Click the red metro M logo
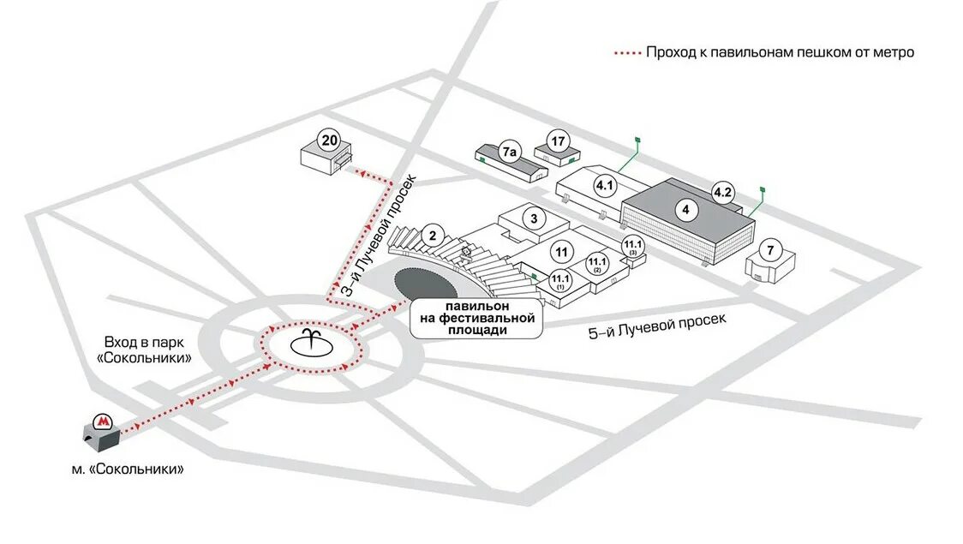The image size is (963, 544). (103, 421)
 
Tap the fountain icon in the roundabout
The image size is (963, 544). (310, 344)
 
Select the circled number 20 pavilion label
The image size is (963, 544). (328, 140)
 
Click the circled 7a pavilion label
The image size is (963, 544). (510, 153)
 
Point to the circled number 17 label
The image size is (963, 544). (559, 140)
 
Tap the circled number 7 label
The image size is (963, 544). (770, 250)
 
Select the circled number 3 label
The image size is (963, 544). (534, 218)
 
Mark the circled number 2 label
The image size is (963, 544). (434, 236)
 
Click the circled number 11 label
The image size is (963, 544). (562, 253)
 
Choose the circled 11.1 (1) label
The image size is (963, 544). (559, 279)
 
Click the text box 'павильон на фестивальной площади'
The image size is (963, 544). (476, 318)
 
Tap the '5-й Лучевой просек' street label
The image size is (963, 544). (657, 326)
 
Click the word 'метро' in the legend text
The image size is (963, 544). (893, 52)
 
